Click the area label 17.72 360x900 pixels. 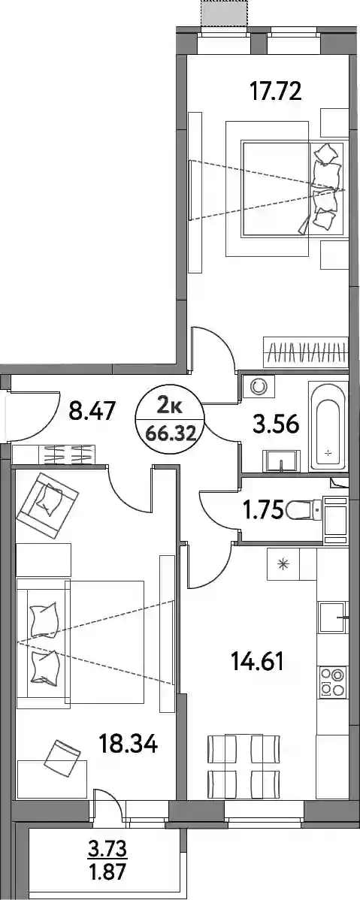click(x=275, y=91)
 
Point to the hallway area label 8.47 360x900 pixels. click(x=92, y=411)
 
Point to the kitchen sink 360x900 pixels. click(x=333, y=617)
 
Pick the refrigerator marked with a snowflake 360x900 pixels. click(x=283, y=563)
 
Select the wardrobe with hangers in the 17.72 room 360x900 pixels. click(x=305, y=352)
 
